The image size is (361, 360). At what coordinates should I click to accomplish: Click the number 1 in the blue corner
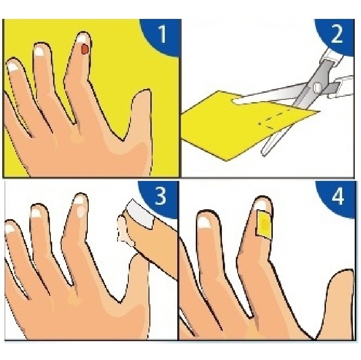click(x=162, y=34)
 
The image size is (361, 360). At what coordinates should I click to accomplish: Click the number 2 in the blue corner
click(x=337, y=34)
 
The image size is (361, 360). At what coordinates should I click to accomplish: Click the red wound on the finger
click(x=85, y=49)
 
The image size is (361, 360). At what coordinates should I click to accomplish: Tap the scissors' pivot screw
click(x=317, y=87)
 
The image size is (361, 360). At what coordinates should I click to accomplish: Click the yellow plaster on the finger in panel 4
click(x=264, y=223)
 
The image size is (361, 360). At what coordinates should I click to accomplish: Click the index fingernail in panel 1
click(x=82, y=38)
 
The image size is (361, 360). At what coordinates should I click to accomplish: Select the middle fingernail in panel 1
click(x=41, y=51)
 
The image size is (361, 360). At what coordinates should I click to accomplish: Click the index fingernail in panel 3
click(x=80, y=200)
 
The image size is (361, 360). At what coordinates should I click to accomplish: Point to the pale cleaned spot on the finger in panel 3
click(x=81, y=212)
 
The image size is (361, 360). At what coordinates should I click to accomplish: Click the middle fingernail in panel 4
click(x=205, y=222)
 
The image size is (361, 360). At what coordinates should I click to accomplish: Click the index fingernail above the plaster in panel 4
click(x=262, y=204)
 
